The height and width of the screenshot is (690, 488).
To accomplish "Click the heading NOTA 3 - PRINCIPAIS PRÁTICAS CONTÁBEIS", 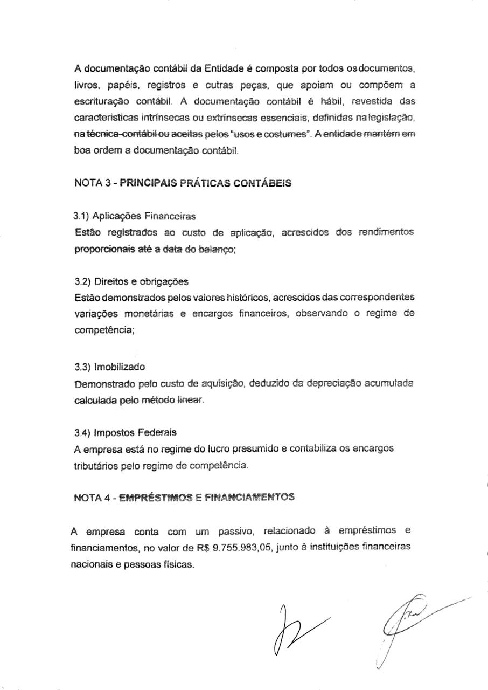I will pos(183,183).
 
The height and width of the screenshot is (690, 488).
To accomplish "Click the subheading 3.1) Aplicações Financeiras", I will pos(135,217).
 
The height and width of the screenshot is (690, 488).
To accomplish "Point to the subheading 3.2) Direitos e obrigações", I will pos(131,281).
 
